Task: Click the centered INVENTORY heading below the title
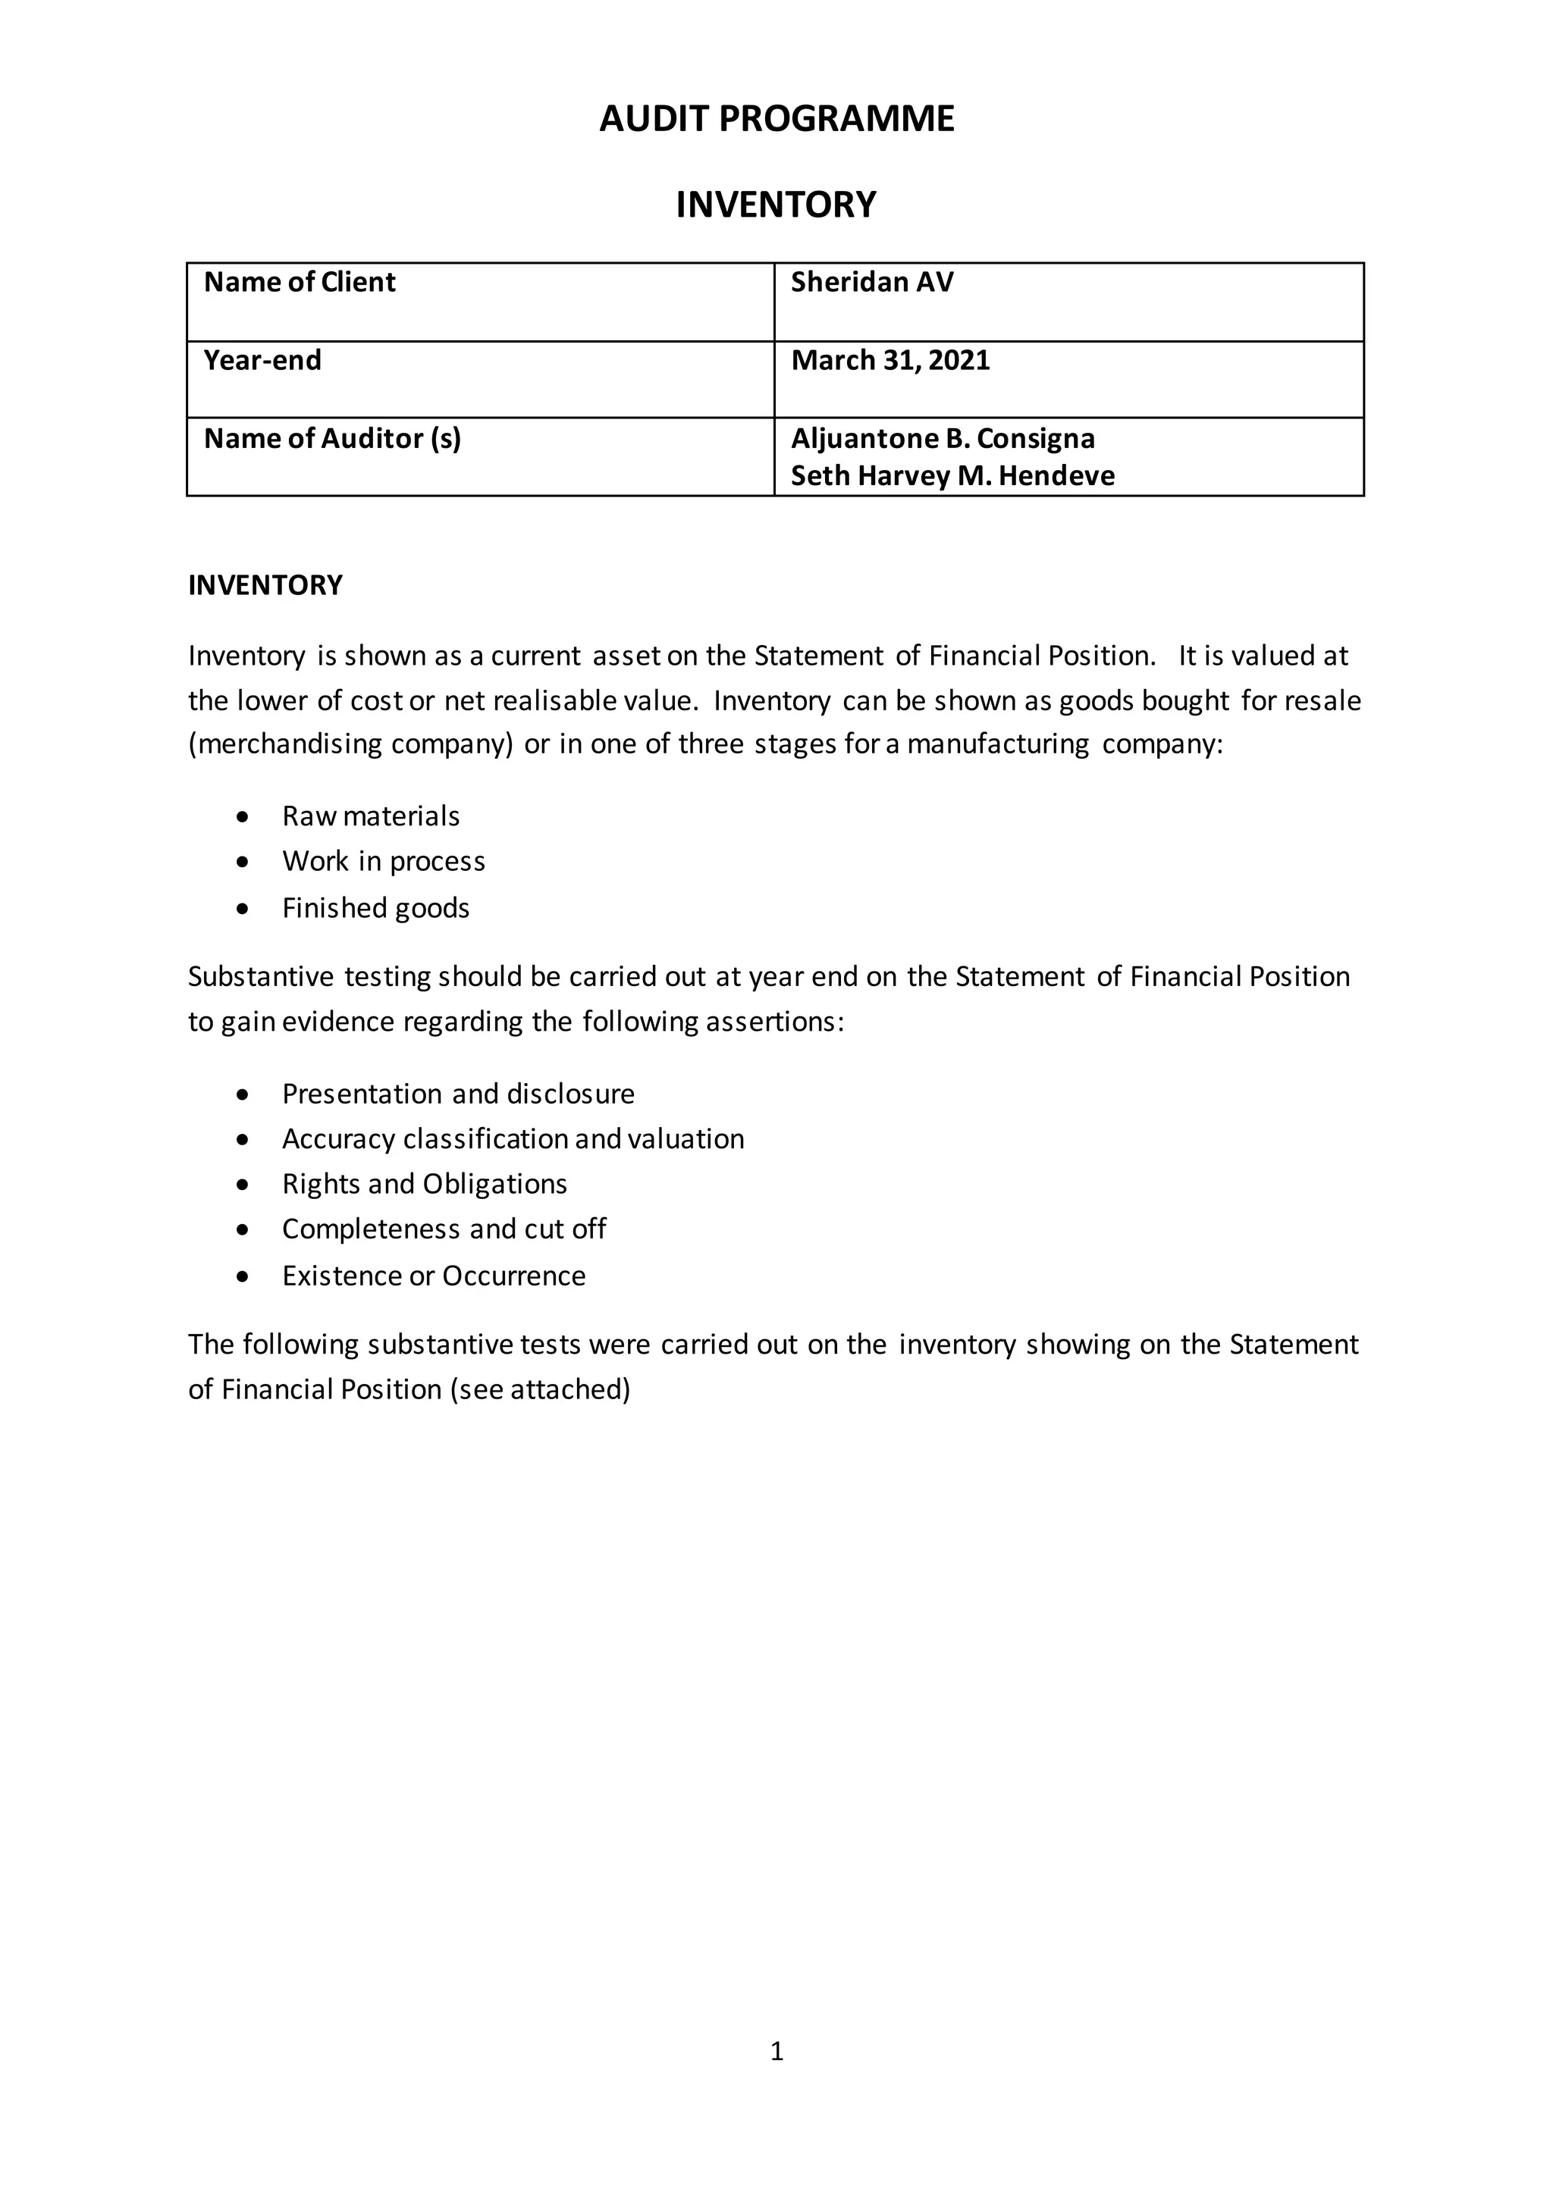(x=776, y=205)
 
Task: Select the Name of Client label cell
(x=300, y=283)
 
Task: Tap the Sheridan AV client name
(x=871, y=283)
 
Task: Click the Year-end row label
(x=262, y=362)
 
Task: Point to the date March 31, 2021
(x=890, y=362)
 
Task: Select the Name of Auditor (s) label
(x=332, y=439)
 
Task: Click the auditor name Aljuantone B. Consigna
(x=943, y=439)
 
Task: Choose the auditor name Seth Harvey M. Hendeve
(x=952, y=476)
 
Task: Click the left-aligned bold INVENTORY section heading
(x=265, y=586)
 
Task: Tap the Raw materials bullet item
(x=370, y=816)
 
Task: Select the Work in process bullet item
(x=384, y=861)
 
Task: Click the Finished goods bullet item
(x=376, y=908)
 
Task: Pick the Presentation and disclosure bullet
(x=458, y=1094)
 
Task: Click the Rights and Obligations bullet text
(x=425, y=1185)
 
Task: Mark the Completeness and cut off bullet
(x=444, y=1229)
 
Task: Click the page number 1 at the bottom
(x=776, y=2051)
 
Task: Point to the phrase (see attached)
(x=541, y=1390)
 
